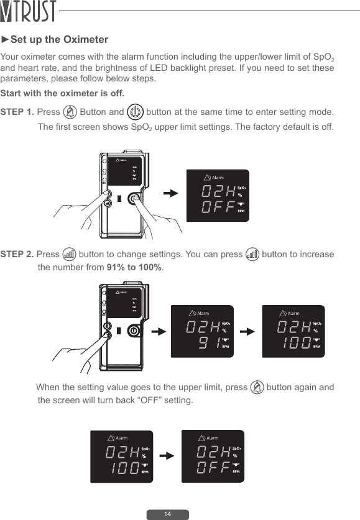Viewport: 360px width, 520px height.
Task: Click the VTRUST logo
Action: pyautogui.click(x=29, y=12)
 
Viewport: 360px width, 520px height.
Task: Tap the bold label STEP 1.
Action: pyautogui.click(x=17, y=112)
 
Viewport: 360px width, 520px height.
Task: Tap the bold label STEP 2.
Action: pyautogui.click(x=17, y=255)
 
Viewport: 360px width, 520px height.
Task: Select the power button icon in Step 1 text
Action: pyautogui.click(x=135, y=112)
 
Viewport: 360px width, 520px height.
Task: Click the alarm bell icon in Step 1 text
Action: pyautogui.click(x=70, y=112)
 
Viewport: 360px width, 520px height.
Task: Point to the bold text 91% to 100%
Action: pyautogui.click(x=134, y=268)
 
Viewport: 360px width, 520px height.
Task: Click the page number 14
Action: pyautogui.click(x=167, y=514)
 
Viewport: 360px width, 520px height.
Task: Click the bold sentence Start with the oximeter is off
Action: pyautogui.click(x=62, y=94)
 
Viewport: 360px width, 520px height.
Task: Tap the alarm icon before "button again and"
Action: pyautogui.click(x=257, y=388)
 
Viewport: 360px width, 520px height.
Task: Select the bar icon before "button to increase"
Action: pyautogui.click(x=252, y=255)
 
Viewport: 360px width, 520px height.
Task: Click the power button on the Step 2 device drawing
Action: pyautogui.click(x=132, y=331)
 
